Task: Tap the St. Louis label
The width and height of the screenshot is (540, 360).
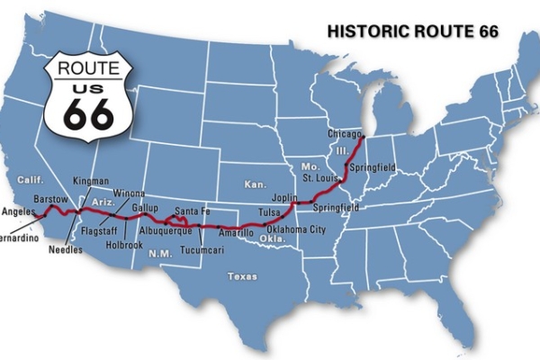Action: (320, 178)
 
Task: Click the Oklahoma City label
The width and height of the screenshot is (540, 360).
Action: (296, 229)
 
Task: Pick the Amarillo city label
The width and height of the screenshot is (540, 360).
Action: (236, 233)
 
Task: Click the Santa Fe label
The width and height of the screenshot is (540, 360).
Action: (193, 211)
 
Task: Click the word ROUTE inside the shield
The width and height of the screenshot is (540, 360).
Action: (90, 66)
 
